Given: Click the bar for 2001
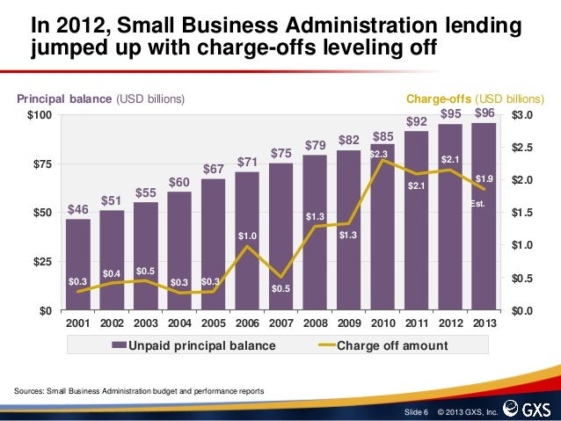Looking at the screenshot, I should click(x=77, y=264).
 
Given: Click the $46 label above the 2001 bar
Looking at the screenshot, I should click(x=77, y=210).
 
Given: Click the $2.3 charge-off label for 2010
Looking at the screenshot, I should click(x=379, y=155).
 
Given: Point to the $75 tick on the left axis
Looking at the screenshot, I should click(x=41, y=164).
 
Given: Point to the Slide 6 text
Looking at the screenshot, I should click(x=416, y=411).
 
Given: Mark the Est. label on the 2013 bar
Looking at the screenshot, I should click(x=478, y=204).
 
